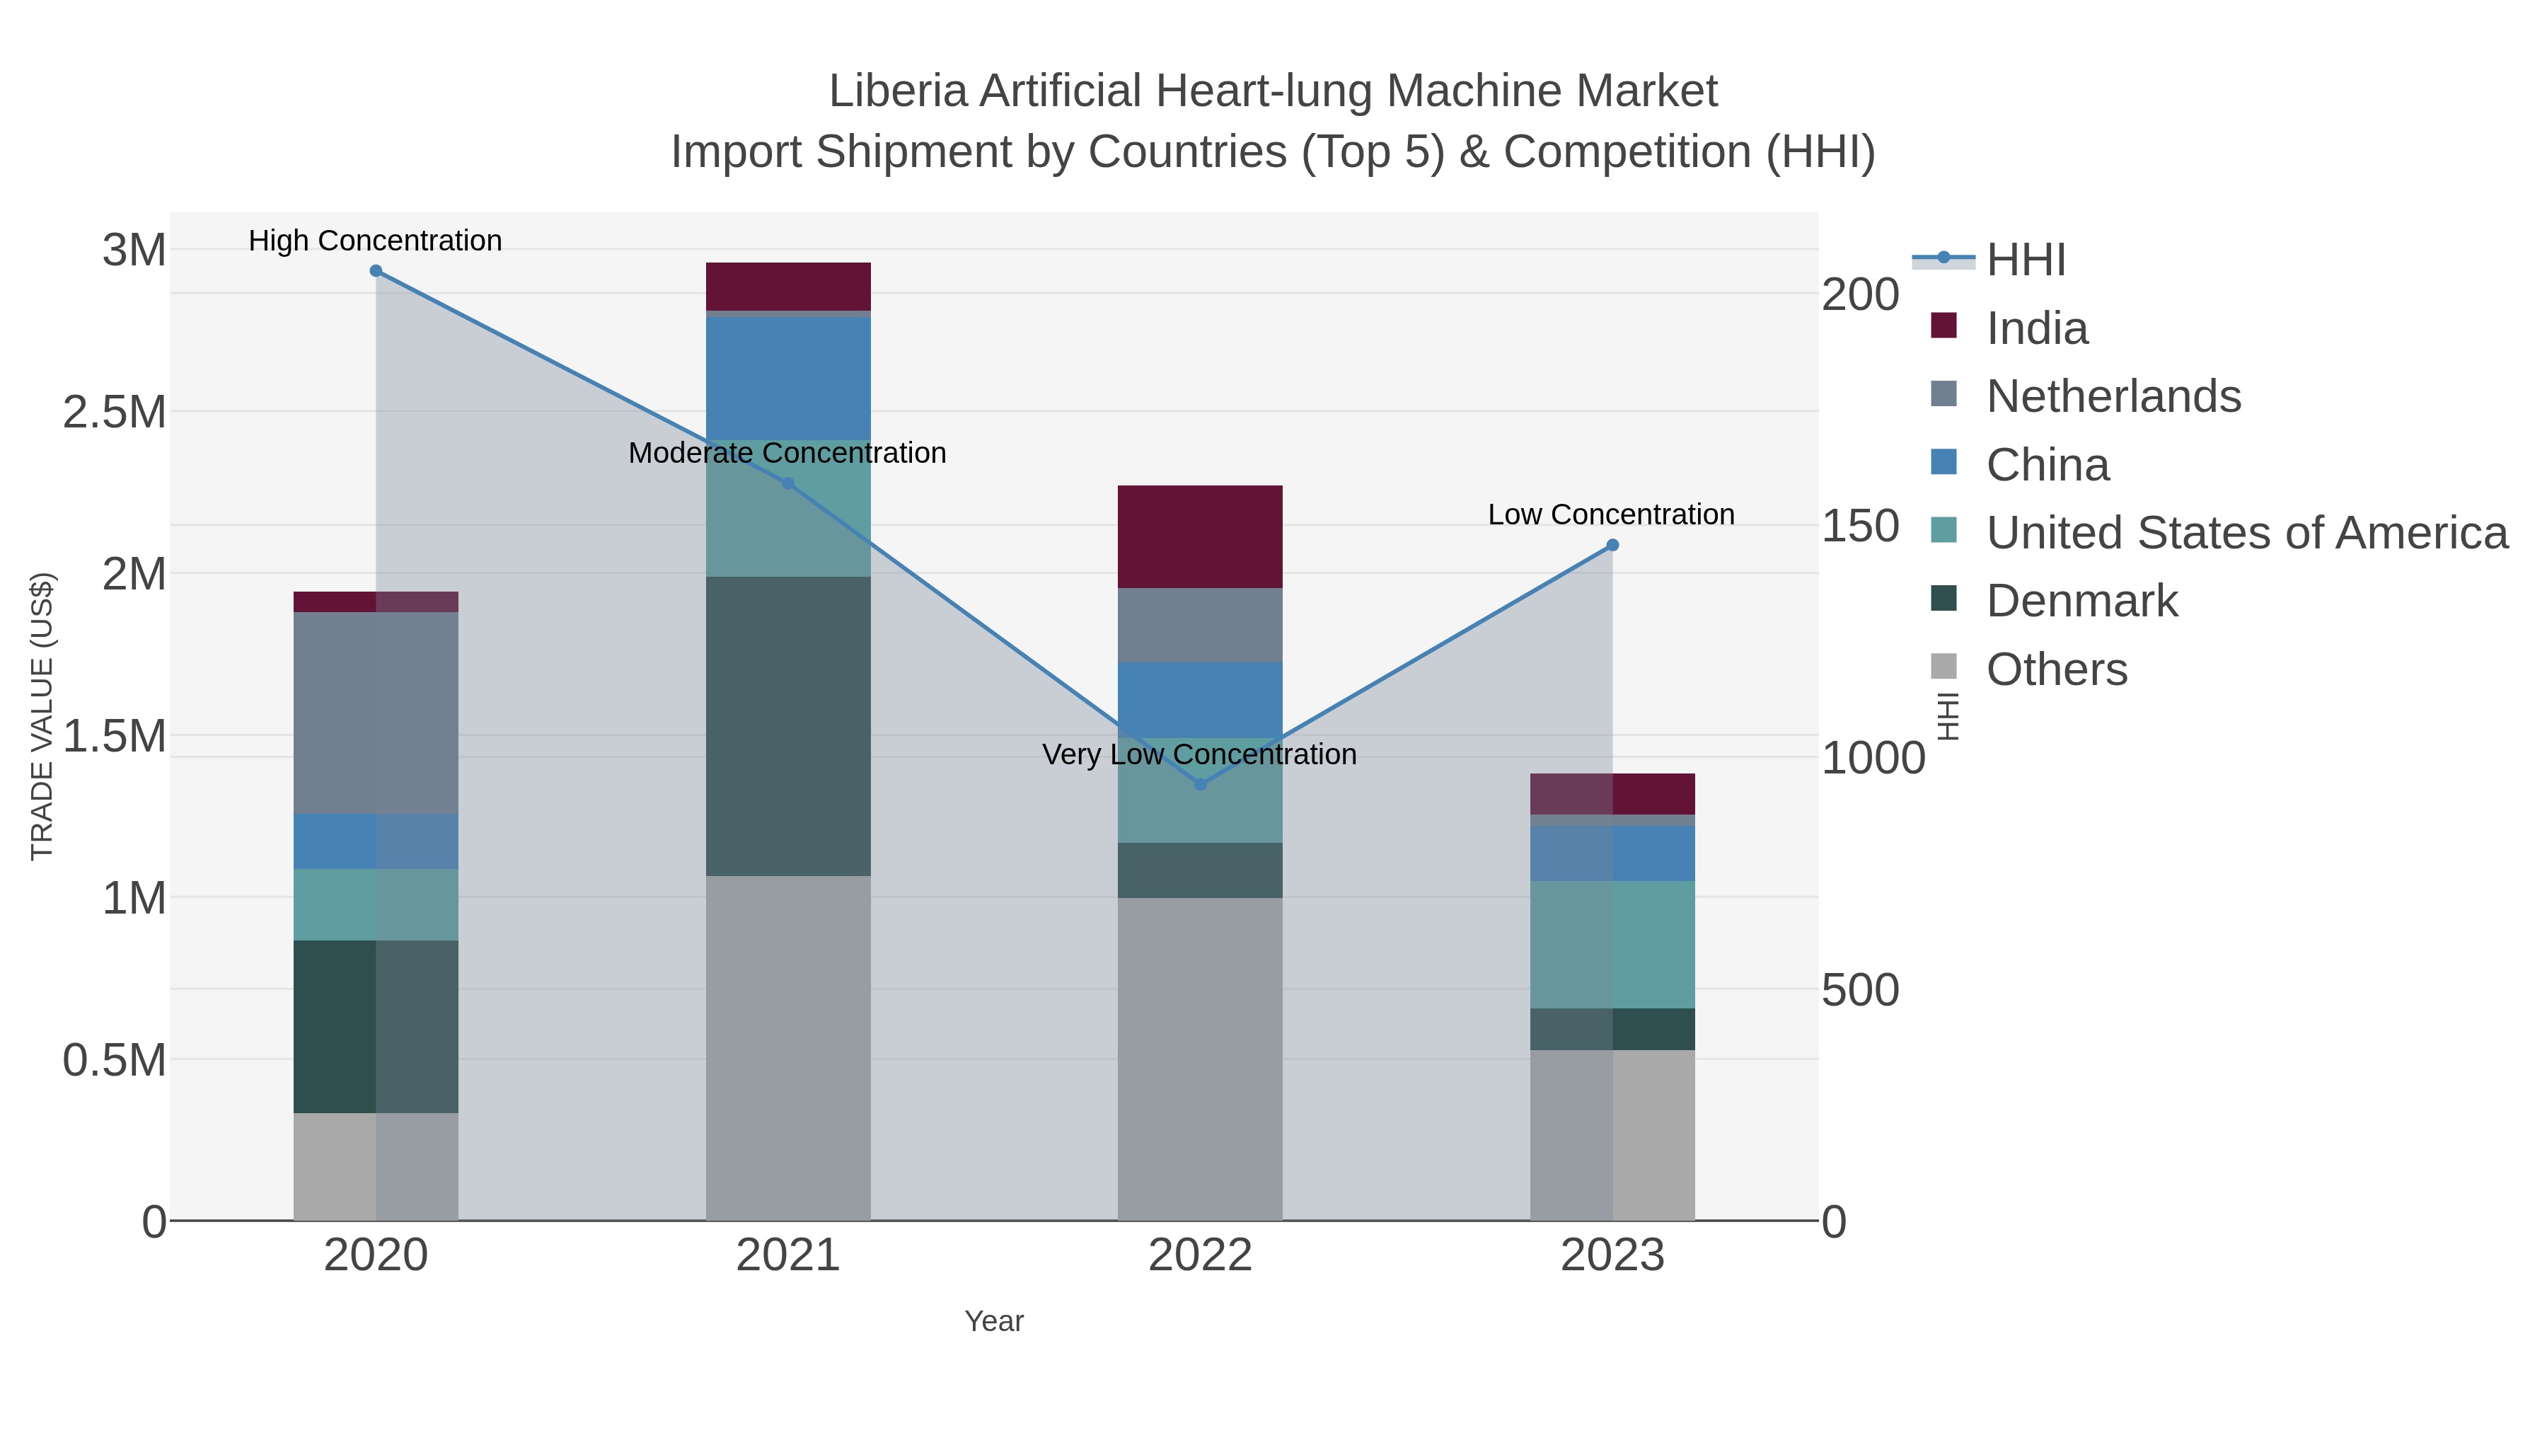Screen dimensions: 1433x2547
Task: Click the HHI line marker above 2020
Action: pyautogui.click(x=376, y=271)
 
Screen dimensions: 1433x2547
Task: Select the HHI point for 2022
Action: pyautogui.click(x=1201, y=784)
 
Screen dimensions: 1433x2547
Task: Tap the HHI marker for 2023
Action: pyautogui.click(x=1612, y=545)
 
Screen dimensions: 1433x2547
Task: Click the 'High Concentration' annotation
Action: pyautogui.click(x=375, y=241)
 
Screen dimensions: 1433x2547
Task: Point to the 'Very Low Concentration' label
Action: pyautogui.click(x=1199, y=754)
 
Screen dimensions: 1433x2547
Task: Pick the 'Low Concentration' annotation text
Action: pyautogui.click(x=1611, y=515)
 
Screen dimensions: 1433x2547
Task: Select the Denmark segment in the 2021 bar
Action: pyautogui.click(x=788, y=726)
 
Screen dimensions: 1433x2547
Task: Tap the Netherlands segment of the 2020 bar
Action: pyautogui.click(x=376, y=713)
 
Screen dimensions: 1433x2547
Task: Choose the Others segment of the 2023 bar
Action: pyautogui.click(x=1612, y=1134)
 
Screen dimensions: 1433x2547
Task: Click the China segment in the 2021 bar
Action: pyautogui.click(x=788, y=378)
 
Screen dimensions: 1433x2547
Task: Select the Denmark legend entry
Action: pyautogui.click(x=2081, y=602)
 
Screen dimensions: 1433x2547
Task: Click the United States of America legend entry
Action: pyautogui.click(x=2246, y=533)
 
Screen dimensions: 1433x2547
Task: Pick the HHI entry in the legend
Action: pyautogui.click(x=2025, y=260)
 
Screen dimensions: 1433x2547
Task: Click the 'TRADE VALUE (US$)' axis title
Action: pyautogui.click(x=42, y=716)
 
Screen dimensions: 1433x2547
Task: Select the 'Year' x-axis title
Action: pyautogui.click(x=994, y=1321)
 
